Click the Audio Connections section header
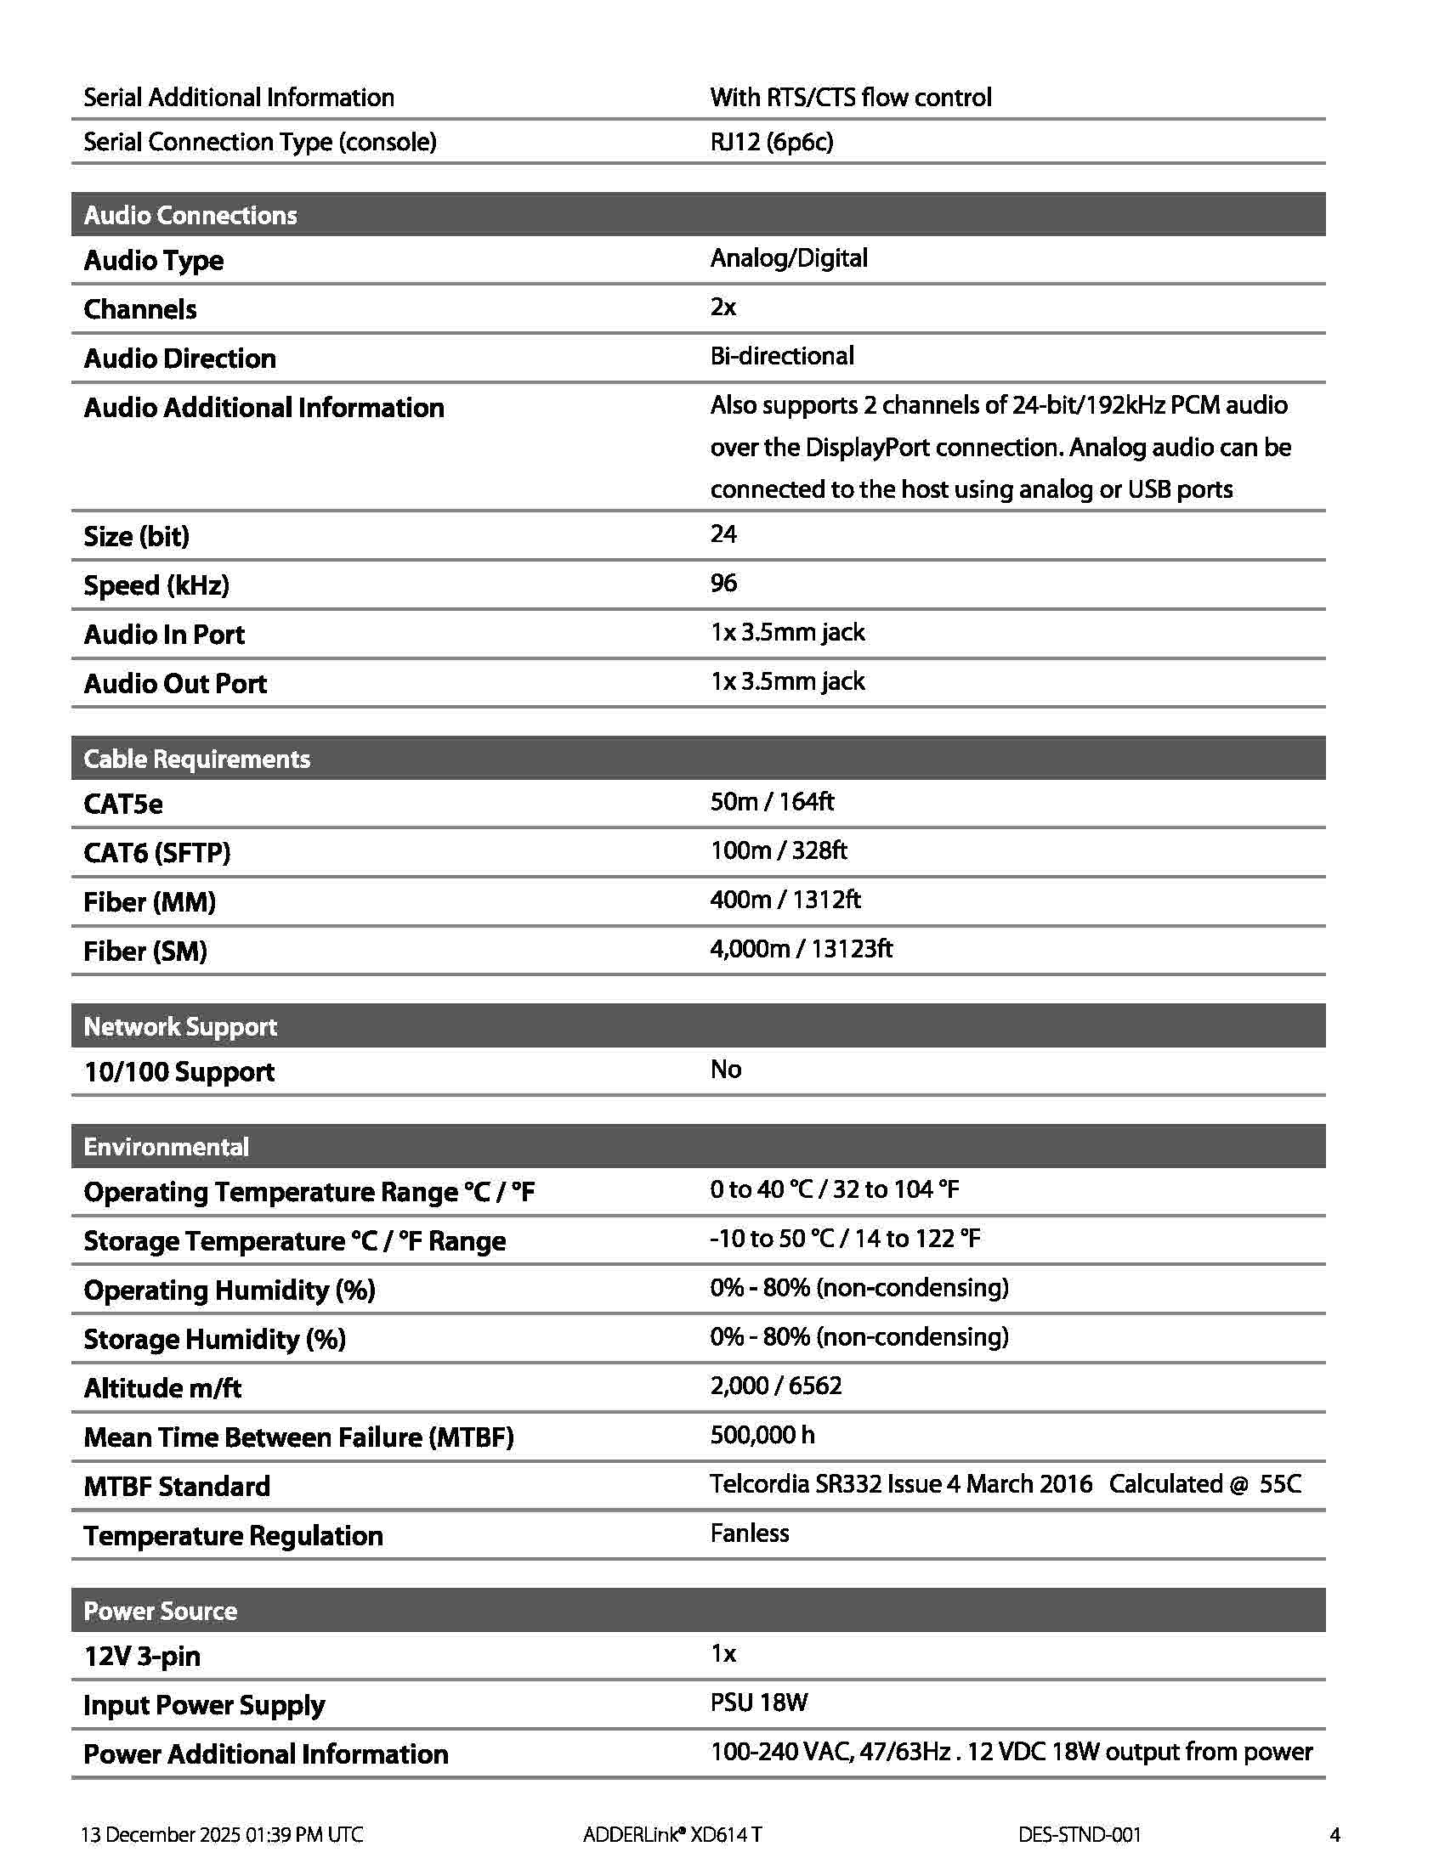pos(190,215)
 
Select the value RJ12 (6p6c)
pos(771,141)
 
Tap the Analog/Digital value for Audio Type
pos(789,257)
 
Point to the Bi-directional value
pos(781,356)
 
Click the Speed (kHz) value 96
pos(723,583)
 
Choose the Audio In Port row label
pos(163,634)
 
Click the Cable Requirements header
pos(197,759)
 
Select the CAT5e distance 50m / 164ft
pos(771,802)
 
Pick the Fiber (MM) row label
pos(149,902)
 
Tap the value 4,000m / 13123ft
pos(802,948)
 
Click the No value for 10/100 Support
pos(725,1069)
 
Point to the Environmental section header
pos(166,1147)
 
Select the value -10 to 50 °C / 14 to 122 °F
pos(845,1239)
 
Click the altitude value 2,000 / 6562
pos(775,1386)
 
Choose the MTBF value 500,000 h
pos(762,1434)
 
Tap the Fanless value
pos(749,1533)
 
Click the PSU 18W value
pos(758,1702)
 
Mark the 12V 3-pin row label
pos(141,1656)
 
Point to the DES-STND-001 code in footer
pos(1079,1834)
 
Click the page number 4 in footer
pos(1334,1834)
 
